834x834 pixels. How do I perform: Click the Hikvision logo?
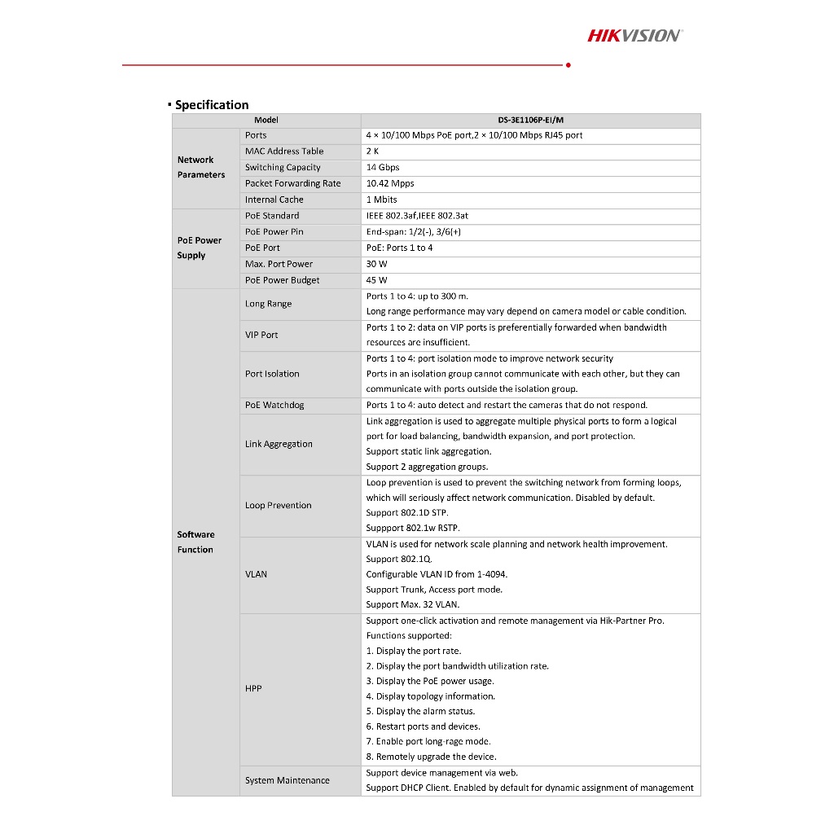coord(634,35)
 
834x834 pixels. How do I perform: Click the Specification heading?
coord(212,105)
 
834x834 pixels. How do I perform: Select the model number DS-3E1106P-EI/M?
coord(530,121)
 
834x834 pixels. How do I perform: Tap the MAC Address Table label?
coord(284,151)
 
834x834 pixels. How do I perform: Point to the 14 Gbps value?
coord(383,168)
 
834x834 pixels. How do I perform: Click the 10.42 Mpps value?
coord(390,184)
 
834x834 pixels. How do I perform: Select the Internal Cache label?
coord(274,200)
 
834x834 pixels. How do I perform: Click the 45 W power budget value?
coord(377,280)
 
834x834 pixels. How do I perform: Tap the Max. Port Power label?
coord(279,264)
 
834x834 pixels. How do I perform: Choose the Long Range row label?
coord(268,304)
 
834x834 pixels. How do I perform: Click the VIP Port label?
coord(261,335)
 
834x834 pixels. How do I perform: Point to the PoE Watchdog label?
coord(274,405)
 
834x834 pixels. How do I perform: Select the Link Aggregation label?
coord(279,444)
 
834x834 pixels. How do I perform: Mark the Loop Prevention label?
coord(278,505)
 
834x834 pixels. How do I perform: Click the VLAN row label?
coord(256,574)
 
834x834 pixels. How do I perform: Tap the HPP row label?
coord(253,688)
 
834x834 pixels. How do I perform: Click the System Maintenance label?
coord(287,780)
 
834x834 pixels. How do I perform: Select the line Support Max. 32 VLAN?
coord(412,605)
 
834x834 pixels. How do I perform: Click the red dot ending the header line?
coord(568,64)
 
